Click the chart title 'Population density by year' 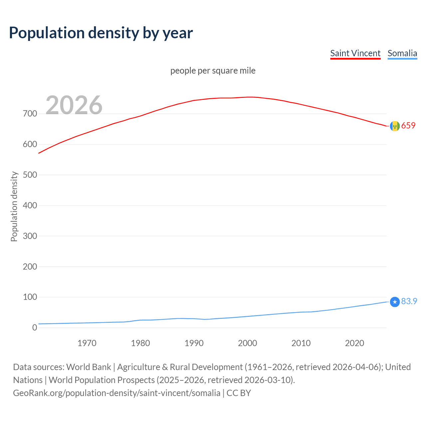(101, 33)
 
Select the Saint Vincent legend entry (355, 53)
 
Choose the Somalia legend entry (402, 53)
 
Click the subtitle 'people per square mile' (213, 71)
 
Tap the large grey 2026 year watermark (74, 105)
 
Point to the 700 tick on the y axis (30, 114)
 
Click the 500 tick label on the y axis (30, 175)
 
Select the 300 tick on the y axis (30, 236)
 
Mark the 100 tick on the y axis (30, 297)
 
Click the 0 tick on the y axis (35, 327)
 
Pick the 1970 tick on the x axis (87, 343)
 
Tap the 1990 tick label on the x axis (194, 343)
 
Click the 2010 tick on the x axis (301, 343)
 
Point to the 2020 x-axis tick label (354, 343)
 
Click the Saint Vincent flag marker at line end (395, 126)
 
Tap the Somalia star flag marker (395, 302)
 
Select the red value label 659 (408, 125)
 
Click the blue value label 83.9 (409, 301)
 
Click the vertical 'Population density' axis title (14, 206)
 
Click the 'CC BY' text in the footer (239, 393)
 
